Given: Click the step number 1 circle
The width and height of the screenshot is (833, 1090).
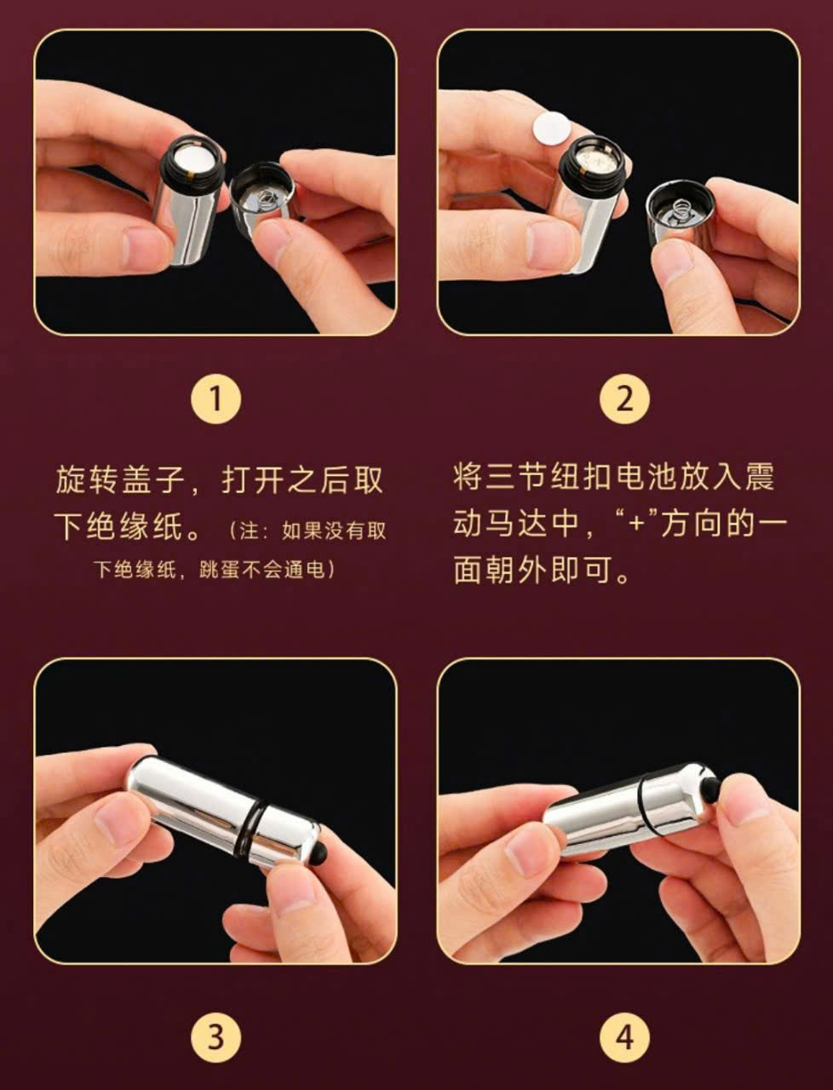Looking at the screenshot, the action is (x=215, y=399).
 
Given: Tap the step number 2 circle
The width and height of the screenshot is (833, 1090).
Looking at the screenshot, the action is (x=624, y=399).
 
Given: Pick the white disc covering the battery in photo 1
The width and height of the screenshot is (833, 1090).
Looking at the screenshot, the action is (x=193, y=160).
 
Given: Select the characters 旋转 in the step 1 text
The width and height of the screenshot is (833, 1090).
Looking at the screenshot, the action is (x=86, y=480).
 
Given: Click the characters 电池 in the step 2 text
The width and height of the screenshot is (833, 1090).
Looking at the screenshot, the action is (x=646, y=479).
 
